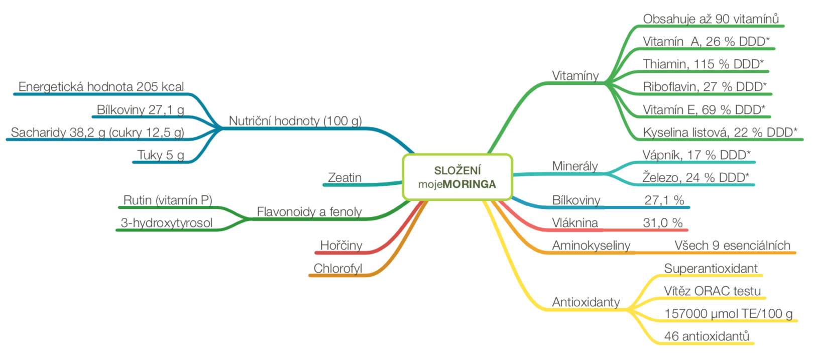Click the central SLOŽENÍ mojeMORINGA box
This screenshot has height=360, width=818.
click(457, 177)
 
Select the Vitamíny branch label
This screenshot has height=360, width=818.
click(575, 76)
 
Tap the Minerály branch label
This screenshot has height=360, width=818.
click(574, 166)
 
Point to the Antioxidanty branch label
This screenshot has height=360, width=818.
click(586, 302)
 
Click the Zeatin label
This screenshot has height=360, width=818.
click(344, 178)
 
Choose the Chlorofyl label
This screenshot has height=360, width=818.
click(337, 269)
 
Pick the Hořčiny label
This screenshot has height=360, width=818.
click(341, 246)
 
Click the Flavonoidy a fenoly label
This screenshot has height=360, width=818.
click(309, 212)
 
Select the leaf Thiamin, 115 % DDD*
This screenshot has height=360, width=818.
click(703, 64)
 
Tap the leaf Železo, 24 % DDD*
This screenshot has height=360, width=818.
click(695, 177)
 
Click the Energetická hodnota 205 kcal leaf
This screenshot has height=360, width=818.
click(101, 87)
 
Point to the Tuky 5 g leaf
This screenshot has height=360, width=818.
click(161, 155)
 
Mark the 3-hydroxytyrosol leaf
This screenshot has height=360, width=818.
click(166, 223)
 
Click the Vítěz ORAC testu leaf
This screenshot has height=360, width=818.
click(712, 291)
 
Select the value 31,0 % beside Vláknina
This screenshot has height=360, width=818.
click(662, 223)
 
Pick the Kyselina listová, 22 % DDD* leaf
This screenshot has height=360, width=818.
click(720, 133)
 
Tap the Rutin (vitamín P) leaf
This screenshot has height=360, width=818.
click(168, 200)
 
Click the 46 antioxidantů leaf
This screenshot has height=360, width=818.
click(707, 336)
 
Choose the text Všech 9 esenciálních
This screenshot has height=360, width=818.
click(732, 246)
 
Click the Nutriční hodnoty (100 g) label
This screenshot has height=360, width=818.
click(295, 121)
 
